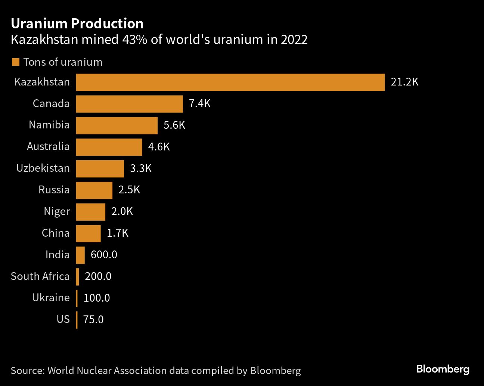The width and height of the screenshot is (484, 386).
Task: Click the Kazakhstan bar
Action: click(x=230, y=82)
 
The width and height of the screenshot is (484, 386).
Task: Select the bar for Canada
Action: click(x=129, y=104)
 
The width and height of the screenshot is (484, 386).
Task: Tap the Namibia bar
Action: click(x=117, y=125)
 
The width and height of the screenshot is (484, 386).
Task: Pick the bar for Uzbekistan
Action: click(x=100, y=169)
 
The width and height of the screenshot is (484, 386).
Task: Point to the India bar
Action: click(x=80, y=255)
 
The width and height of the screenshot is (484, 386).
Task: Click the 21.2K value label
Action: click(x=404, y=82)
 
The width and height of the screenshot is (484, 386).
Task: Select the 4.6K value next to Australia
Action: click(x=159, y=147)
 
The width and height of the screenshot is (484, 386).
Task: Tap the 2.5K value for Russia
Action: click(x=129, y=190)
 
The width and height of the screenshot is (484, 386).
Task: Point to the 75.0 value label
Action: click(x=93, y=320)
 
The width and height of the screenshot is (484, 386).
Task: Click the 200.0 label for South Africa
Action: click(x=98, y=276)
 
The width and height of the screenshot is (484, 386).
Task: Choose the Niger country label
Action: click(x=57, y=212)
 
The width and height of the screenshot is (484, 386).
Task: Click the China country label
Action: click(x=56, y=233)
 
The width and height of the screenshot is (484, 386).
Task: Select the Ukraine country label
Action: click(x=51, y=298)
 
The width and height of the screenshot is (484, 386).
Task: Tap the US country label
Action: click(x=63, y=319)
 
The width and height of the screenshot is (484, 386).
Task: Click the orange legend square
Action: click(x=15, y=62)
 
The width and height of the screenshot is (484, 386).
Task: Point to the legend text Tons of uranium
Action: click(x=63, y=62)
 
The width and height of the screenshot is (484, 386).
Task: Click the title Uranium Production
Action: click(x=77, y=24)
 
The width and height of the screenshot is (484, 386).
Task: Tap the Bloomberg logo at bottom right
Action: click(x=443, y=369)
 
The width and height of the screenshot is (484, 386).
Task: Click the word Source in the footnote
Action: click(x=28, y=371)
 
